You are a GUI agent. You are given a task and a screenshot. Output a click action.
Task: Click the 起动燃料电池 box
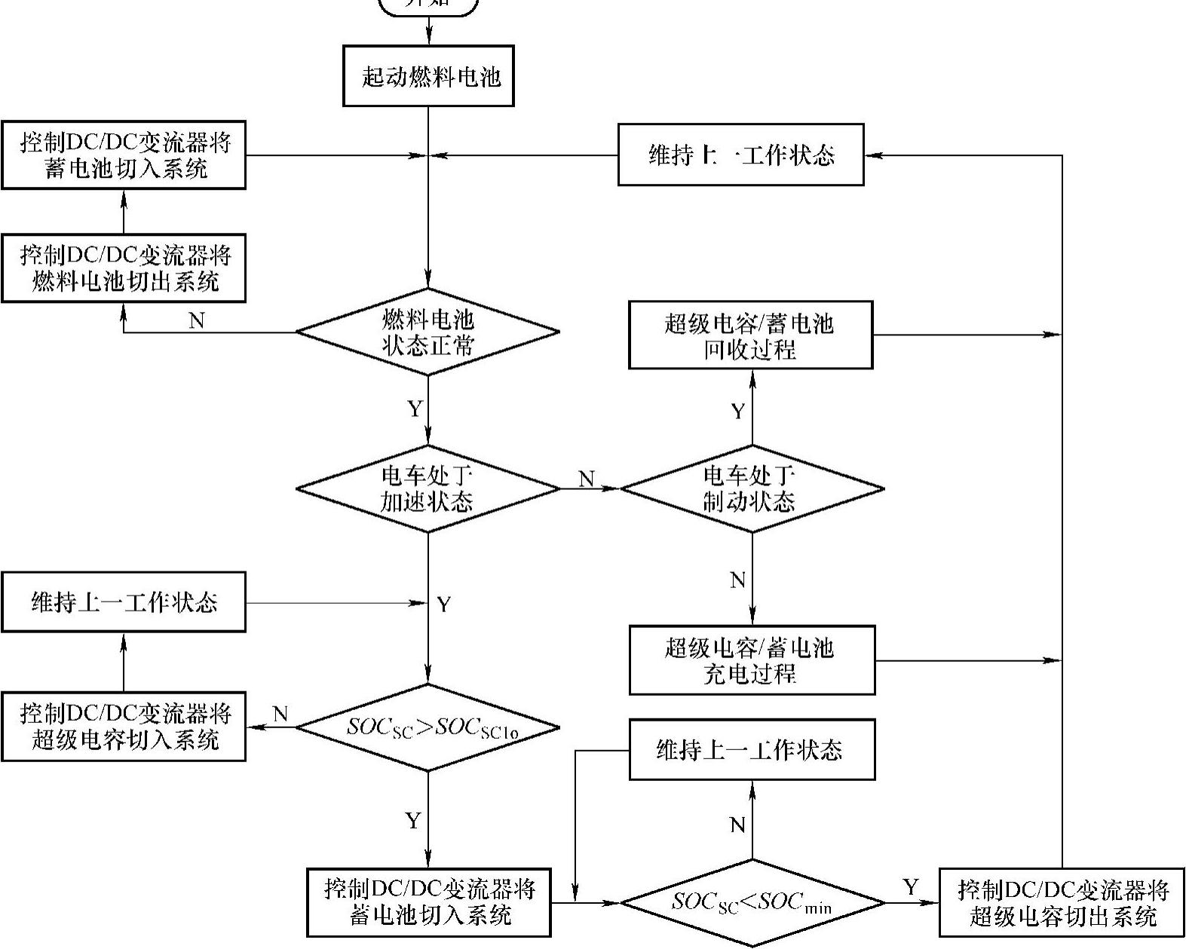coord(428,76)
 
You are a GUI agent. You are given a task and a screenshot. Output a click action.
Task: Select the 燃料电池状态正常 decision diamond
coord(428,332)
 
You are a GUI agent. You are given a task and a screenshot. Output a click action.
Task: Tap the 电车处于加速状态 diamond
coord(428,488)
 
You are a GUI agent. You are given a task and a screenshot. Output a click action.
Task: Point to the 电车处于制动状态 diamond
coord(751,488)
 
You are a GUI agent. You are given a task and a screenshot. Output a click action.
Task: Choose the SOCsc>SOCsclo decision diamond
coord(428,727)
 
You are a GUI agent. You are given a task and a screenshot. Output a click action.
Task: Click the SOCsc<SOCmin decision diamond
coord(751,902)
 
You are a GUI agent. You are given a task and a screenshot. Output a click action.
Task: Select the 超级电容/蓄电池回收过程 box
coord(751,335)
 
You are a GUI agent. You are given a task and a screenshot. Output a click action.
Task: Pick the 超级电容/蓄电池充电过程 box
coord(752,660)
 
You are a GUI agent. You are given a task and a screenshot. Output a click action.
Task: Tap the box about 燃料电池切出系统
coord(124,268)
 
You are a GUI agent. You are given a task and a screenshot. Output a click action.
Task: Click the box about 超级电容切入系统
coord(124,727)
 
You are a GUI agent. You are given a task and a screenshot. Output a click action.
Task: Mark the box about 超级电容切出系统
coord(1062,902)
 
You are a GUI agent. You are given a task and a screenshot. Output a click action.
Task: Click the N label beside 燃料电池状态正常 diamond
coord(197,321)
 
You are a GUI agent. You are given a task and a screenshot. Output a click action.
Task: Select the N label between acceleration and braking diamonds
coord(587,479)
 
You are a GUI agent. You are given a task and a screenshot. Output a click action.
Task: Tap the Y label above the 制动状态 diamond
coord(738,412)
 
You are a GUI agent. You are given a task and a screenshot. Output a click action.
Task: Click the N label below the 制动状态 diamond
coord(738,580)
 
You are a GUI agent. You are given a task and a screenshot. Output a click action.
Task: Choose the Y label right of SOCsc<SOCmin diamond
coord(911,887)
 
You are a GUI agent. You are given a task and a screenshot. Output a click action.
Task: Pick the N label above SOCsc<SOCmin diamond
coord(738,825)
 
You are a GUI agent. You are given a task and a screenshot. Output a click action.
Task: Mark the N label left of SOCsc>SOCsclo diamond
coord(280,714)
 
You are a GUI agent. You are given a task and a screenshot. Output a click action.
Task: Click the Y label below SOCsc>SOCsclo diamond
coord(412,821)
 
